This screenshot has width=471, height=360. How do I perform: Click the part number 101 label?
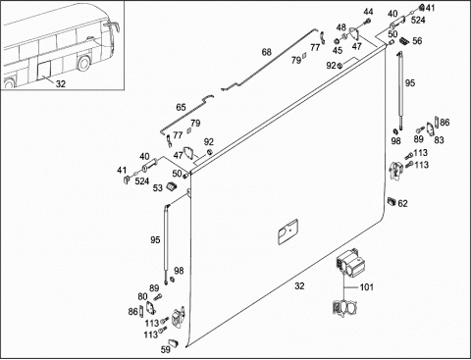pyautogui.click(x=366, y=287)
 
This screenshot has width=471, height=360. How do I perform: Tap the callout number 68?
pyautogui.click(x=267, y=52)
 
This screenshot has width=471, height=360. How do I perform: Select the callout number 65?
pyautogui.click(x=181, y=107)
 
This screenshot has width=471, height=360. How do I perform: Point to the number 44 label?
pyautogui.click(x=368, y=12)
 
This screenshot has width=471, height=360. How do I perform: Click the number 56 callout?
pyautogui.click(x=417, y=41)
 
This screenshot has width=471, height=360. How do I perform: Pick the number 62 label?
pyautogui.click(x=402, y=204)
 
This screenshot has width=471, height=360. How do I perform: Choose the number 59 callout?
pyautogui.click(x=166, y=349)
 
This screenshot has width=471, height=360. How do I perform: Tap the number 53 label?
pyautogui.click(x=158, y=188)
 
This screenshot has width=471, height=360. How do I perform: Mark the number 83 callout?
pyautogui.click(x=439, y=140)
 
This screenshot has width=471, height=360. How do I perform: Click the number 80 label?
pyautogui.click(x=142, y=297)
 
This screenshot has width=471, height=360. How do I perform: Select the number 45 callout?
pyautogui.click(x=338, y=50)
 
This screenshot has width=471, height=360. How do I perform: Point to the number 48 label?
pyautogui.click(x=341, y=27)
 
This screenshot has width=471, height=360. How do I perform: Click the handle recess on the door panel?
pyautogui.click(x=288, y=231)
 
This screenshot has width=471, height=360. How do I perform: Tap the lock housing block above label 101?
pyautogui.click(x=349, y=263)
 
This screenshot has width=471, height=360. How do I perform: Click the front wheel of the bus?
pyautogui.click(x=83, y=63)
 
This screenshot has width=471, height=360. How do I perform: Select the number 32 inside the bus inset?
pyautogui.click(x=61, y=84)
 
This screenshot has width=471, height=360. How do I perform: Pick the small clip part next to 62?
pyautogui.click(x=392, y=201)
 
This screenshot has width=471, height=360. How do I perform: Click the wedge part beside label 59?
pyautogui.click(x=175, y=342)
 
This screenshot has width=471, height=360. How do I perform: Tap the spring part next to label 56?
pyautogui.click(x=404, y=40)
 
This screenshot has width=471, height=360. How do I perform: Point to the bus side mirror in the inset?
pyautogui.click(x=113, y=26)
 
